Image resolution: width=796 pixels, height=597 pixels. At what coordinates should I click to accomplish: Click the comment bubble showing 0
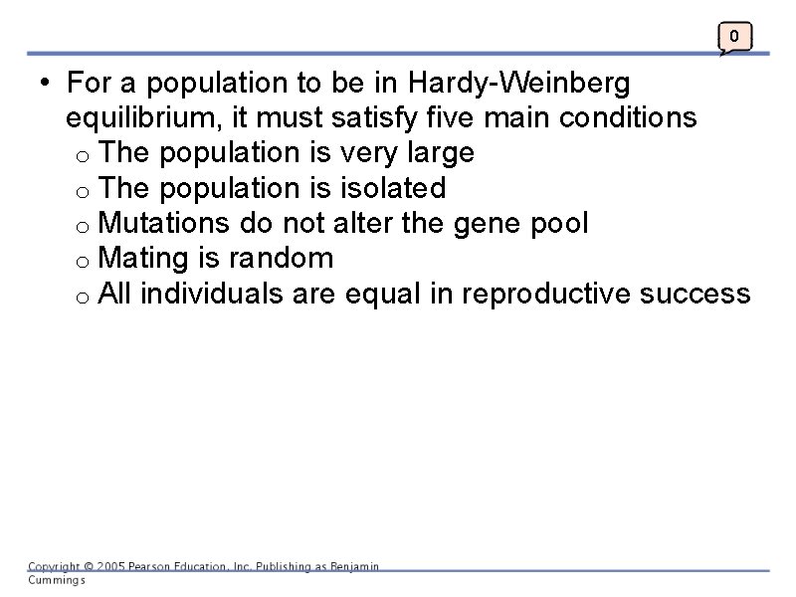(x=734, y=38)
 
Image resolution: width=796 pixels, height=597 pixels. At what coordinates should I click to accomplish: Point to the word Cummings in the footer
(x=57, y=580)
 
